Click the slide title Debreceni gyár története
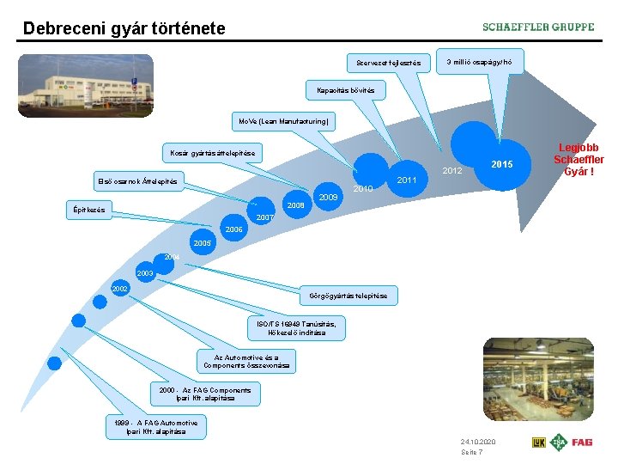(124, 28)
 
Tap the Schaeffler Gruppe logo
(537, 27)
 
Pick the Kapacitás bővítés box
(340, 89)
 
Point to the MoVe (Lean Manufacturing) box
(282, 122)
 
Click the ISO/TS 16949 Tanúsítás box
(296, 327)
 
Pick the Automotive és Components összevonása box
(246, 361)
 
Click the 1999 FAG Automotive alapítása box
(156, 427)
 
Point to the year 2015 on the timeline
(503, 163)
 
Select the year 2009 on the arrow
(327, 198)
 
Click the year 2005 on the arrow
(203, 243)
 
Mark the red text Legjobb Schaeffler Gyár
(579, 160)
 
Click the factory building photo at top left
(86, 86)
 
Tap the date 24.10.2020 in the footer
(478, 441)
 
